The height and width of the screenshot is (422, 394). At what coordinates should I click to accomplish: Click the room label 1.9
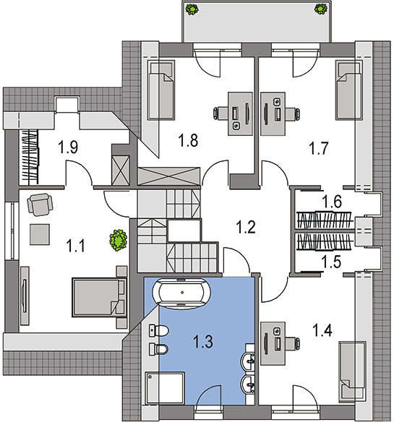(69, 147)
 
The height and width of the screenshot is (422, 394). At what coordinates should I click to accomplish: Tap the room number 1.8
(189, 140)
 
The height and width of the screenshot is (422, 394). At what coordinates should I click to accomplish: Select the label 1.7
(319, 148)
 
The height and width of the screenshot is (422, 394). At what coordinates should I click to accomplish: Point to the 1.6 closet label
(332, 202)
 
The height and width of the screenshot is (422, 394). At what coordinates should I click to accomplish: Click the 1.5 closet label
(332, 262)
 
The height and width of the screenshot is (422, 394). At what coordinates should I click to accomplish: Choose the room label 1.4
(322, 330)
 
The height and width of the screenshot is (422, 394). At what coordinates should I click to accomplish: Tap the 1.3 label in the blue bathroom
(203, 342)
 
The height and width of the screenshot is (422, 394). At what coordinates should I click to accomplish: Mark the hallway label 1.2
(246, 227)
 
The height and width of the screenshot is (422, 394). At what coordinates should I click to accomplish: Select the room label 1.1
(76, 246)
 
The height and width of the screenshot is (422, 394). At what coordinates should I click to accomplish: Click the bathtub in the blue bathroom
(181, 293)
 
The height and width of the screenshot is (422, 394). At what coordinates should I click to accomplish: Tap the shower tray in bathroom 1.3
(165, 388)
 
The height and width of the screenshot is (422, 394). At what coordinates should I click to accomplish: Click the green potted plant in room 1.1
(118, 240)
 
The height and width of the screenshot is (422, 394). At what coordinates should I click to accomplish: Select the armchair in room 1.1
(40, 204)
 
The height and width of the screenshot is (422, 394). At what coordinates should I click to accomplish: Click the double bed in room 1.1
(99, 298)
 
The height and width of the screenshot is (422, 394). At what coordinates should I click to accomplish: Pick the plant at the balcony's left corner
(192, 9)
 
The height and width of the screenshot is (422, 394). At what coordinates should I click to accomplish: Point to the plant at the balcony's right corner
(321, 9)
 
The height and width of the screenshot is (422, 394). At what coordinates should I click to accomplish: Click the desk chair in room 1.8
(220, 113)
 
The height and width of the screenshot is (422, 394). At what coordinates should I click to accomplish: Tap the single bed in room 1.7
(348, 90)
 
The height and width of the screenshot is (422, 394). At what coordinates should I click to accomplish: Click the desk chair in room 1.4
(293, 343)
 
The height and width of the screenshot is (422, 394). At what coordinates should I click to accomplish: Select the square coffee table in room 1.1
(40, 234)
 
